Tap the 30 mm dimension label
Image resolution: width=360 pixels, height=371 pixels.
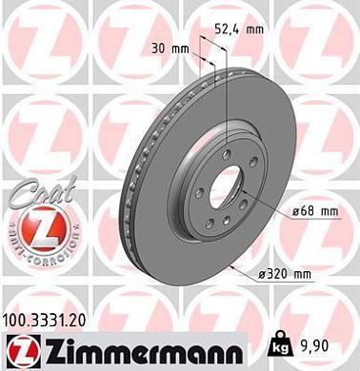coord(170,48)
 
